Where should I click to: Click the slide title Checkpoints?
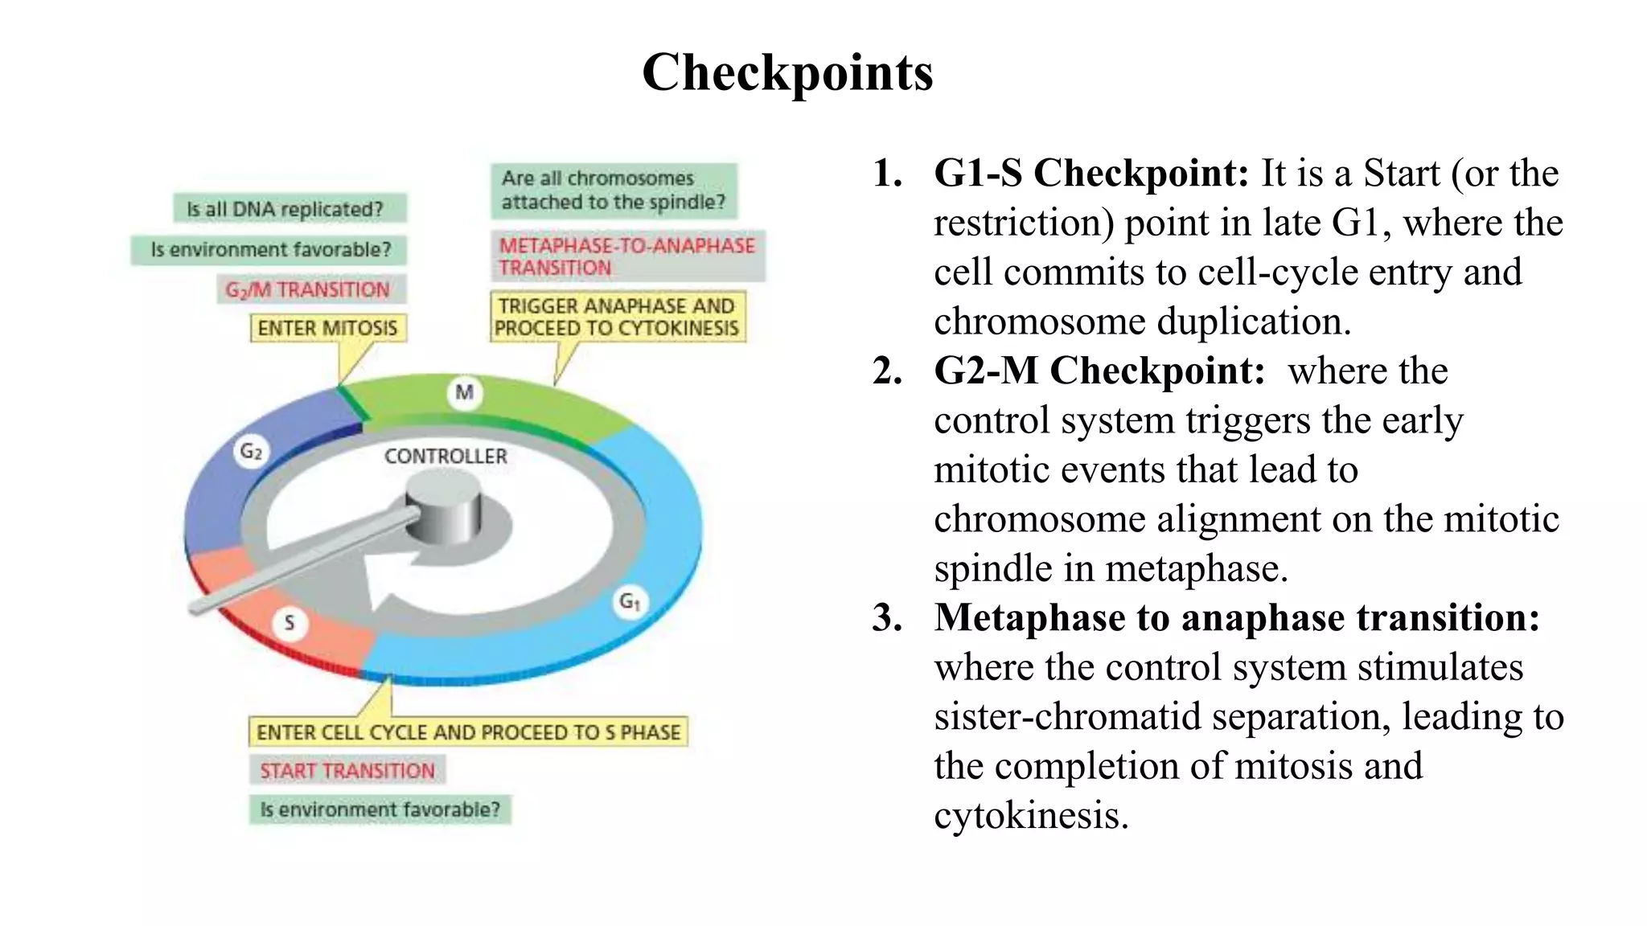point(787,72)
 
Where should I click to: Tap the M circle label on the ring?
point(464,392)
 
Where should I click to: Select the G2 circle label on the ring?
point(251,452)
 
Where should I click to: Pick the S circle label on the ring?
point(290,622)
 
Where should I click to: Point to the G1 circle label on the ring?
point(630,601)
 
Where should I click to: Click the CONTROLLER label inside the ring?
point(446,457)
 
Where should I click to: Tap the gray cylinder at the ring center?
point(443,506)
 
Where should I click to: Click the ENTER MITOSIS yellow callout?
point(327,328)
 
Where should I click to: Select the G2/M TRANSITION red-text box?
point(310,289)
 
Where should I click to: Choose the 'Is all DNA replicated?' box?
point(289,209)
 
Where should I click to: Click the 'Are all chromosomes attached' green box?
point(614,191)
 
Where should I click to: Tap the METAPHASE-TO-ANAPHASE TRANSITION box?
point(627,256)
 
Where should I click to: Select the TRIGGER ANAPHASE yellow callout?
point(617,318)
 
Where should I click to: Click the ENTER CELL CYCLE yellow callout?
point(468,732)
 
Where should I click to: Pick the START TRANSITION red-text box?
point(347,771)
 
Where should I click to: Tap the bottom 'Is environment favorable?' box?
point(380,809)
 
